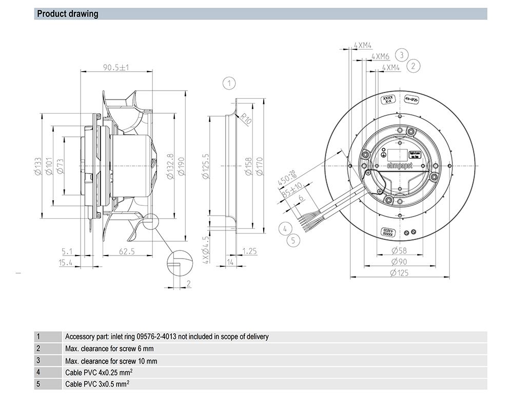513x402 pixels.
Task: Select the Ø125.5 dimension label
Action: pos(206,165)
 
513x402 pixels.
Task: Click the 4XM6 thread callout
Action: pos(381,56)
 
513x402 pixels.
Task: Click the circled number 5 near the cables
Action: pos(293,239)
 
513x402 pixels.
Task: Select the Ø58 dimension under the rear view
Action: pos(399,250)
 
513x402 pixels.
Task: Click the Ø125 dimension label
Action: pos(400,273)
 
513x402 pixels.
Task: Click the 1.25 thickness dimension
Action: pos(249,251)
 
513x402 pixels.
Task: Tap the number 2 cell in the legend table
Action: pos(38,349)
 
